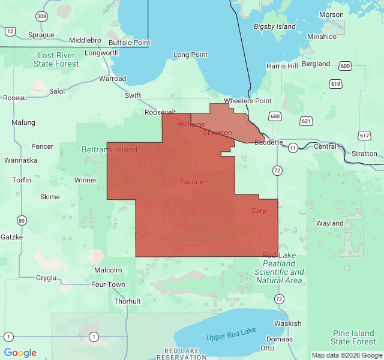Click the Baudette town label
(x=268, y=143)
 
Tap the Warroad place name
(x=112, y=79)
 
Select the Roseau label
(x=15, y=98)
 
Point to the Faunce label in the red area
(x=191, y=182)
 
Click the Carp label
(x=259, y=211)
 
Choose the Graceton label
(x=217, y=133)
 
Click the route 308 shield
(x=41, y=17)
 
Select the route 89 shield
(x=22, y=220)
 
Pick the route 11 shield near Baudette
(x=292, y=147)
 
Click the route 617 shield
(x=364, y=136)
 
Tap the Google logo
(x=20, y=353)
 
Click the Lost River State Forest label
(x=56, y=59)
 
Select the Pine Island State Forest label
(x=353, y=337)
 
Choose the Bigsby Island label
(x=275, y=27)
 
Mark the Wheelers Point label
(x=248, y=101)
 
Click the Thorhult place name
(x=127, y=301)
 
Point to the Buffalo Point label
(x=129, y=43)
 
